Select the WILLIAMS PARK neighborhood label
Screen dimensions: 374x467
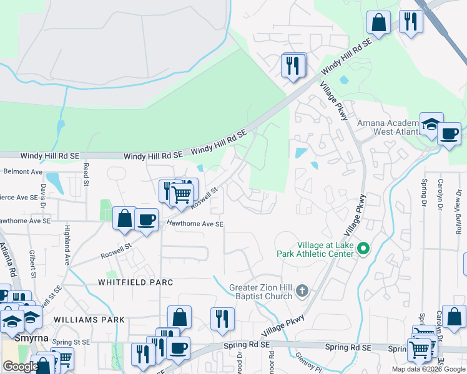click(89, 320)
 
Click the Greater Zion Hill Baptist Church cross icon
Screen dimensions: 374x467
click(302, 290)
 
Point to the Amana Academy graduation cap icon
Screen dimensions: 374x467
click(431, 124)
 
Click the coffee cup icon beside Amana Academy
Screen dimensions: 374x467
click(449, 133)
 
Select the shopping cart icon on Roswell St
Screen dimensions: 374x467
click(181, 193)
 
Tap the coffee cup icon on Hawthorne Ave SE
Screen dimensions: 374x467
click(146, 219)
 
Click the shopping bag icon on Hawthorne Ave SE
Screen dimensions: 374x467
click(125, 218)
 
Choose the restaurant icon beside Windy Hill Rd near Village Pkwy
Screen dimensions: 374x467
click(293, 64)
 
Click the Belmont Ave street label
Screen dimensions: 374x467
click(22, 171)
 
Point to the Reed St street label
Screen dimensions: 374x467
click(86, 175)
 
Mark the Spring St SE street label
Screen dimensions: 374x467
click(71, 342)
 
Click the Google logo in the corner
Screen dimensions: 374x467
click(21, 367)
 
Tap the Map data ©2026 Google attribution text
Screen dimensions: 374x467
click(428, 369)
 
